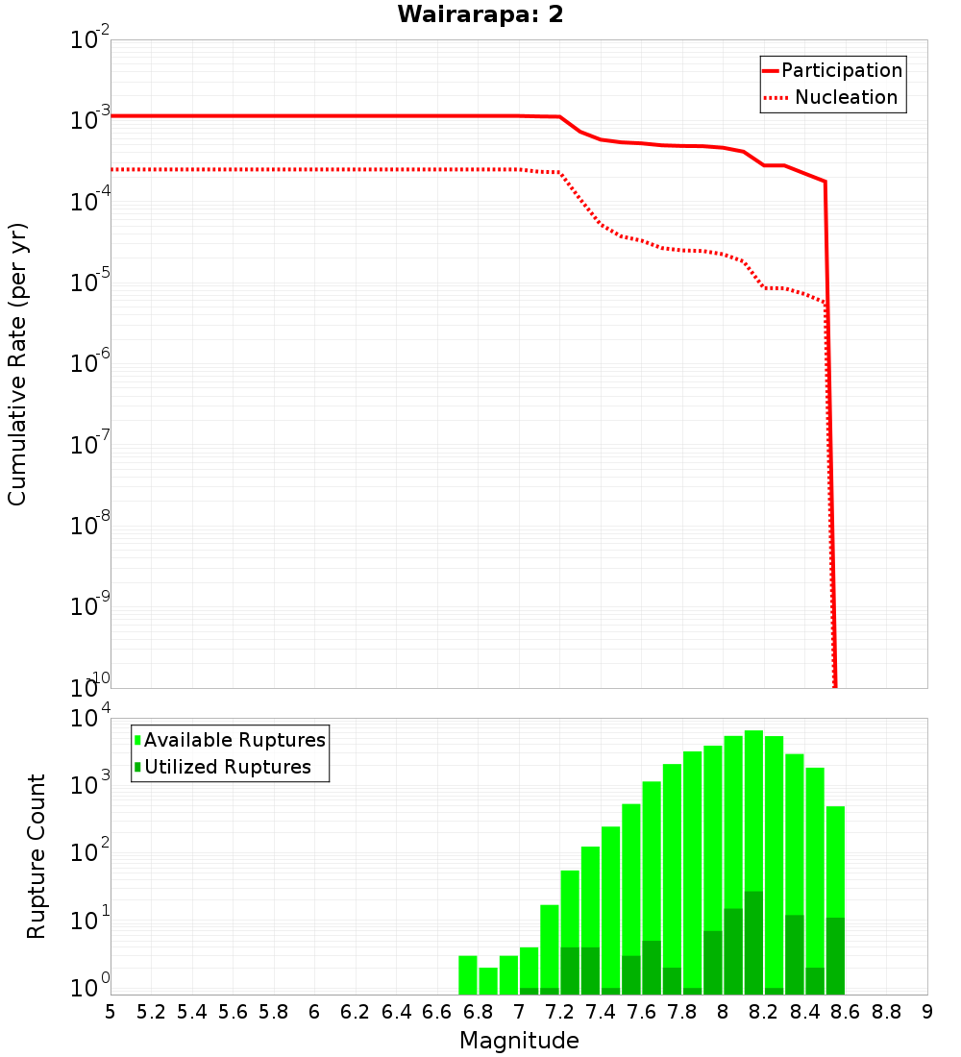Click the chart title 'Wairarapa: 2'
click(x=480, y=15)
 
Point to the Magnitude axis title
click(x=519, y=1041)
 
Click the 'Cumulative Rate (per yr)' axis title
click(x=17, y=364)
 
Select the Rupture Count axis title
click(x=37, y=856)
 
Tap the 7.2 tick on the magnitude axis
click(x=559, y=1012)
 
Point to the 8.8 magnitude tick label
click(x=886, y=1012)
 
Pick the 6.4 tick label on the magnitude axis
click(x=396, y=1012)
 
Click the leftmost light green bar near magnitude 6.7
click(x=468, y=975)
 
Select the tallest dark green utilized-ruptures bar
click(x=753, y=942)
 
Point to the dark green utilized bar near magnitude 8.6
click(x=835, y=956)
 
